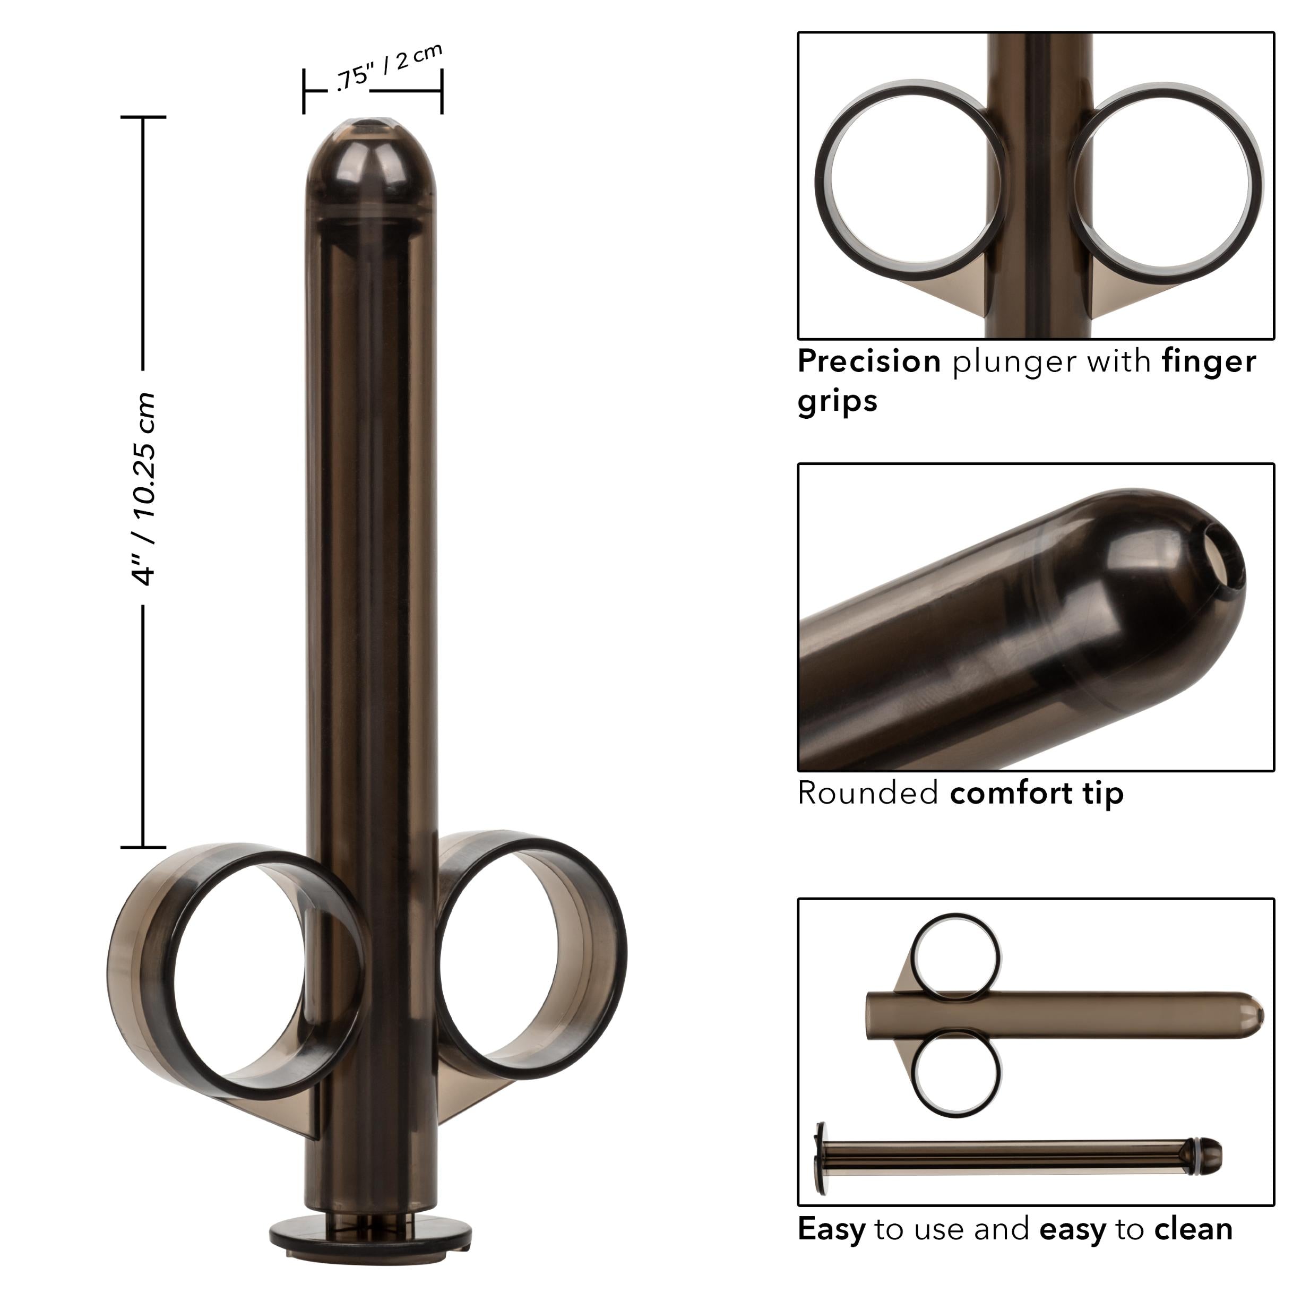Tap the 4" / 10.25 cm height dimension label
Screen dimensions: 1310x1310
pos(144,489)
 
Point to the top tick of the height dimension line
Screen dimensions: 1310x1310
pos(143,117)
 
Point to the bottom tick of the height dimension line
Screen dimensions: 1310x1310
pos(143,847)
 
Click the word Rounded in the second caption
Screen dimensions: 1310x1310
pos(868,792)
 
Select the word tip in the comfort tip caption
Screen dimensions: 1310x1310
pos(1102,792)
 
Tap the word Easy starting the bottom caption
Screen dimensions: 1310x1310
pos(831,1229)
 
